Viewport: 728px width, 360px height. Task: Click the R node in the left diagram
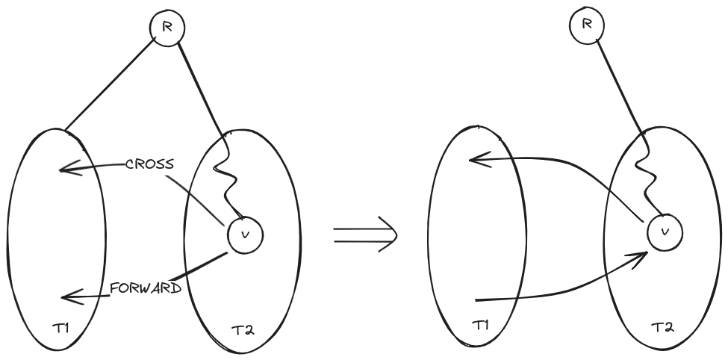(167, 28)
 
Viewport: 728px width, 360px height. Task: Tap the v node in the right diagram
(662, 232)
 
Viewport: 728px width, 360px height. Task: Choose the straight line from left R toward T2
(199, 86)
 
